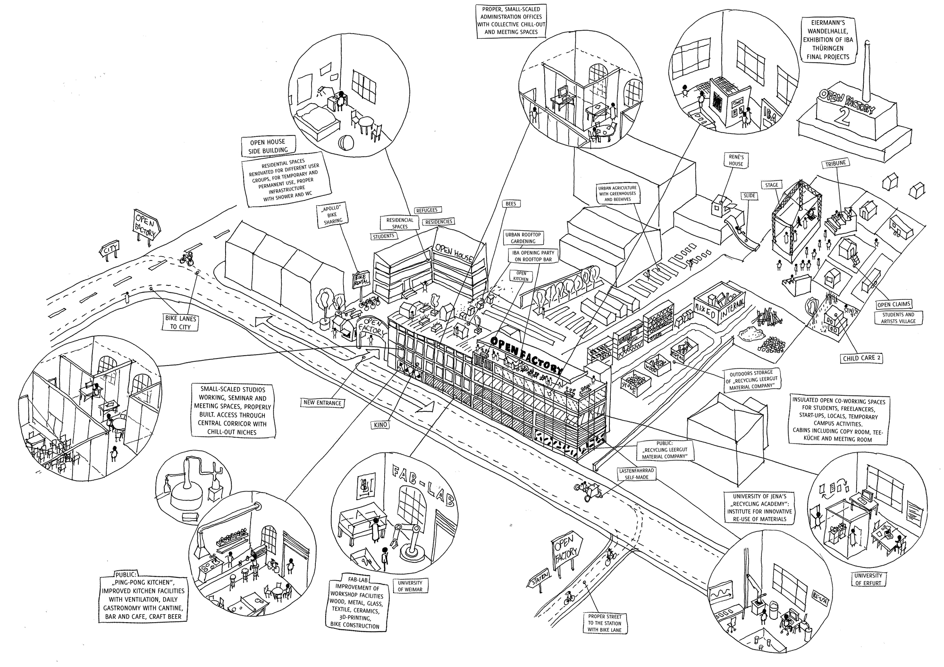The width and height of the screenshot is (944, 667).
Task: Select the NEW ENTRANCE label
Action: coord(322,403)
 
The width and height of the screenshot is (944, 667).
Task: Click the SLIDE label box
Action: coord(749,195)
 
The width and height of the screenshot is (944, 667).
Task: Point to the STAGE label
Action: coord(771,185)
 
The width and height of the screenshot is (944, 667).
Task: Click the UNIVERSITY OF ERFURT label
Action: coord(868,579)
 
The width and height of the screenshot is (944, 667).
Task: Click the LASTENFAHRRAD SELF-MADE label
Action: coord(637,474)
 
